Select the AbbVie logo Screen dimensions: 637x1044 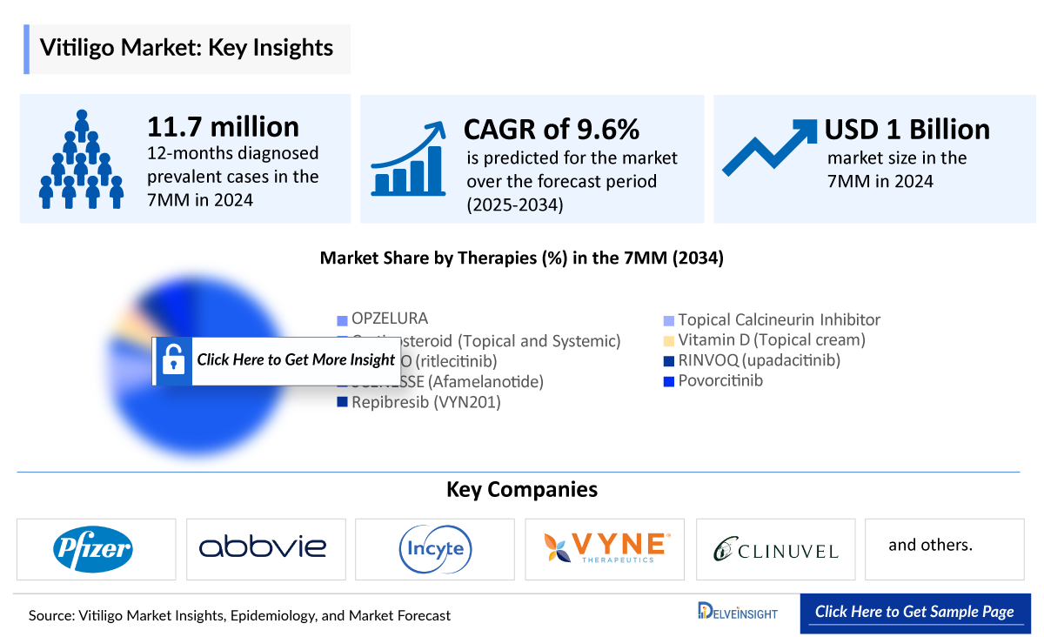tap(263, 547)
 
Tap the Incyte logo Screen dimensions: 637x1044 tap(435, 548)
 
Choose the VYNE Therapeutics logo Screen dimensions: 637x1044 tap(606, 547)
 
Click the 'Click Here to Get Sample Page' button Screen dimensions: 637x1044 tap(914, 612)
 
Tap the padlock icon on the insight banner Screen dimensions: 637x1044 tap(173, 359)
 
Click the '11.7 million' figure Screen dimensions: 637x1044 tap(223, 127)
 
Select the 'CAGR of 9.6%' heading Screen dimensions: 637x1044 tap(552, 130)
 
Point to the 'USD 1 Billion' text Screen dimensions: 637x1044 tap(907, 130)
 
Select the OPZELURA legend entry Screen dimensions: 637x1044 tap(389, 318)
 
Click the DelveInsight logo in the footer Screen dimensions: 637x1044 tap(738, 612)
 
